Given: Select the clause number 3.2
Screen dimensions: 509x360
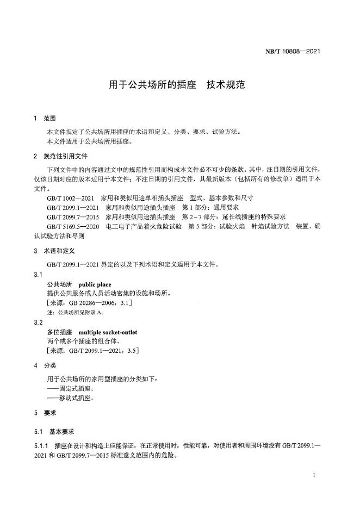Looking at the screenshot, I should (38, 322).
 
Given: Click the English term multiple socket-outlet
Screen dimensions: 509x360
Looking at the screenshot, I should (108, 332).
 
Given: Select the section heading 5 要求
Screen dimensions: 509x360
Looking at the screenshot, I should (45, 413).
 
